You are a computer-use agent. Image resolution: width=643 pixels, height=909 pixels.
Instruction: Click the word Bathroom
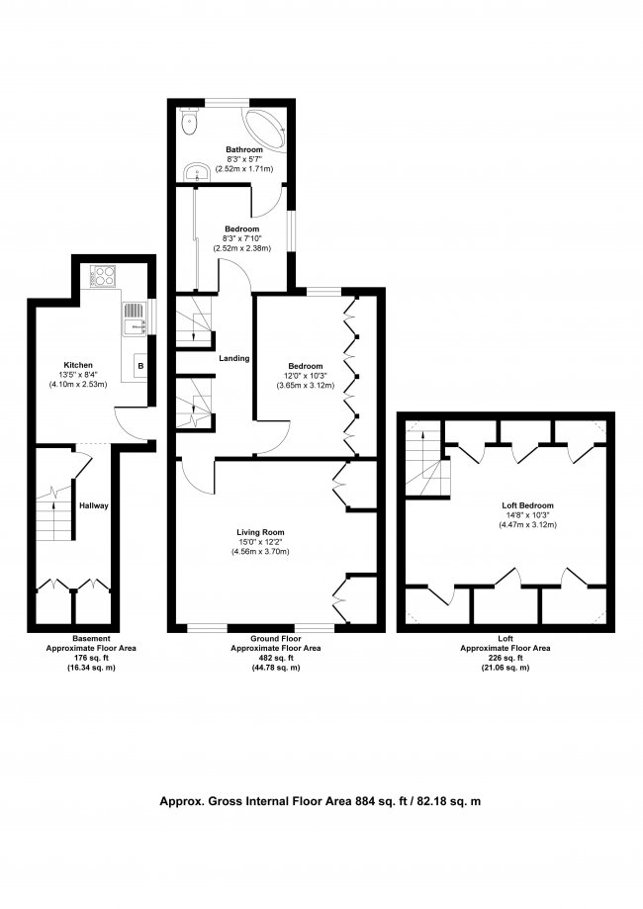point(243,149)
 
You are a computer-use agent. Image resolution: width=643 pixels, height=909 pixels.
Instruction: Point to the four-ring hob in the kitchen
point(101,276)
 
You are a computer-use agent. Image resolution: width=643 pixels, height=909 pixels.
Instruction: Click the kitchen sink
point(134,318)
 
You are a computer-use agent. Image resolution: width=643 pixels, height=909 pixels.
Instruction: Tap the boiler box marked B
point(139,367)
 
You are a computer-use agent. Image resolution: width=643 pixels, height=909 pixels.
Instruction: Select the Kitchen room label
point(78,363)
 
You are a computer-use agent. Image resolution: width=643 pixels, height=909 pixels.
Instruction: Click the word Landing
point(234,358)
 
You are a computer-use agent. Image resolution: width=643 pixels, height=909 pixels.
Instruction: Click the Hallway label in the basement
point(94,506)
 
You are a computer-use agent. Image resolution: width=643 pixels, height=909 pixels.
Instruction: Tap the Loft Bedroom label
point(528,505)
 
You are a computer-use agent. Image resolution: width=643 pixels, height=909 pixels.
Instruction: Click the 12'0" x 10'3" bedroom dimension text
point(305,375)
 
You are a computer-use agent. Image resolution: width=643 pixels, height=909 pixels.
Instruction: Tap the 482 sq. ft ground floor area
point(272,658)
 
